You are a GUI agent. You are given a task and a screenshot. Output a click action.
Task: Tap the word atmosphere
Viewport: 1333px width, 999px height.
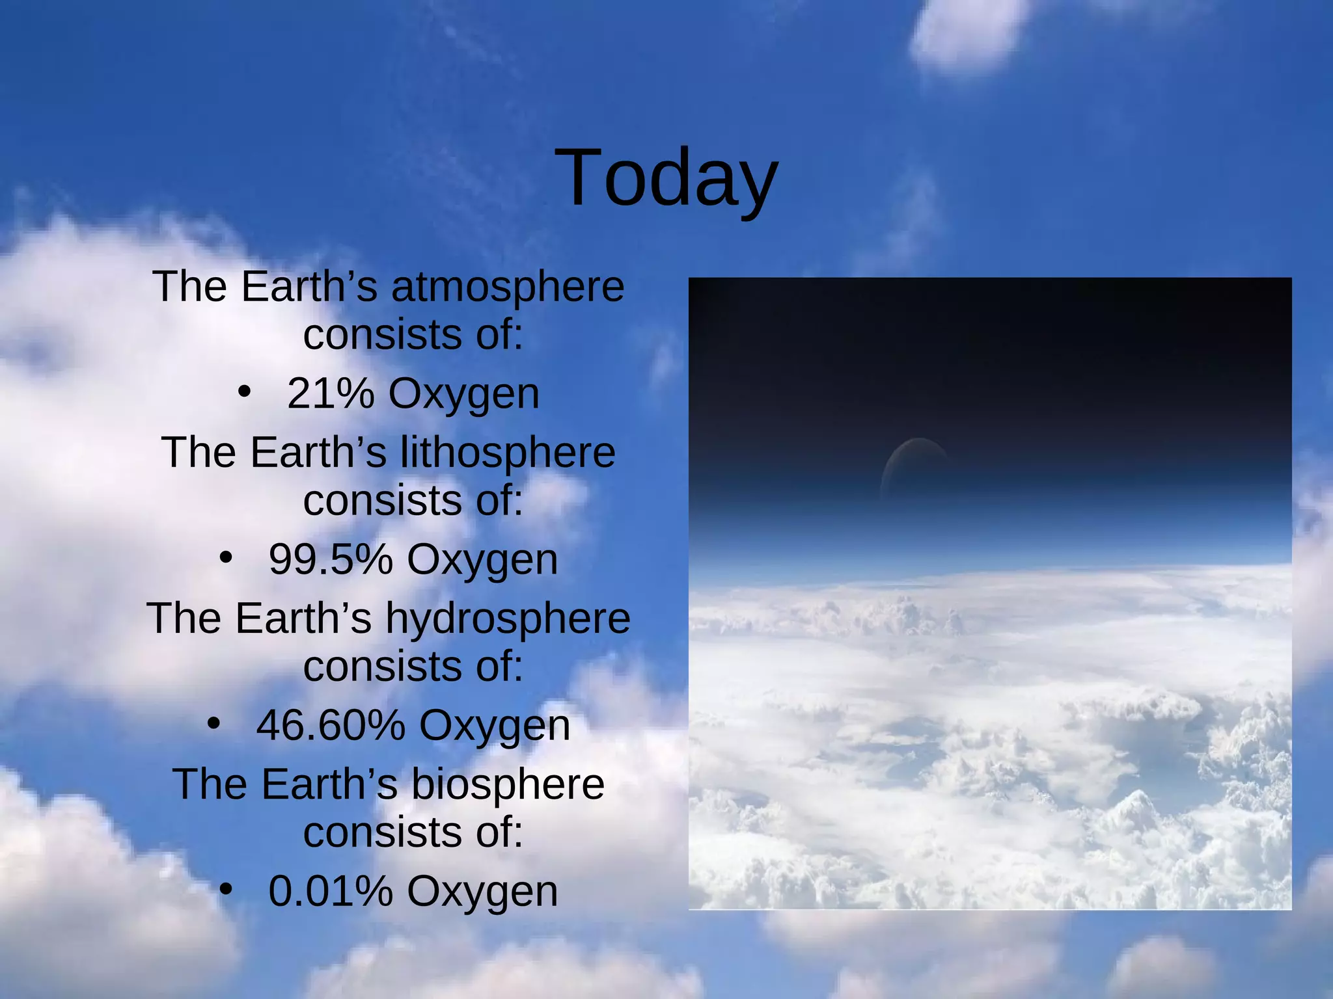click(508, 287)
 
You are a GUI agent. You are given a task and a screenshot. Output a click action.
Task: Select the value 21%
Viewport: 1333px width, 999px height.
click(330, 394)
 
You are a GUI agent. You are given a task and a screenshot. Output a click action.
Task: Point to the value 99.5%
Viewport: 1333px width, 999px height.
click(330, 559)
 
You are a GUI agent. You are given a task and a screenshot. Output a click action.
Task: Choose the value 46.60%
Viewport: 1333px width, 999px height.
click(330, 725)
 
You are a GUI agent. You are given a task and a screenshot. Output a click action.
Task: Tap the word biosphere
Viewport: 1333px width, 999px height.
click(508, 784)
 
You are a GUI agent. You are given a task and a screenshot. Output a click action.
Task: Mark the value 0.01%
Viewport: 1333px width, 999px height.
click(330, 891)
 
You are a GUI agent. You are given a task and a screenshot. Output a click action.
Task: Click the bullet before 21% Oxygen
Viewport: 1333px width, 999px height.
click(244, 392)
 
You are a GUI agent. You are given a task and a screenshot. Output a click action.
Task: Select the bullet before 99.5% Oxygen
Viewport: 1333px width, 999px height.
click(226, 558)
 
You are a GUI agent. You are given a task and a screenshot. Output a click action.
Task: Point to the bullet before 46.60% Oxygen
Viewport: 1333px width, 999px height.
click(213, 723)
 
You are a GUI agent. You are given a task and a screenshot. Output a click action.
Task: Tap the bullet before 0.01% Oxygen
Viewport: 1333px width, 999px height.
click(226, 890)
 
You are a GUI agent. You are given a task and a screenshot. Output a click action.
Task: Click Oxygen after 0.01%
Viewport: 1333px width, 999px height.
click(482, 892)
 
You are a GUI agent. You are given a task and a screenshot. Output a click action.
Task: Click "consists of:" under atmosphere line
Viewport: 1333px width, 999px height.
click(413, 335)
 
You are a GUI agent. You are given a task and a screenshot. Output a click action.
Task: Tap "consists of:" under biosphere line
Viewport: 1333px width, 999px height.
click(413, 832)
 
